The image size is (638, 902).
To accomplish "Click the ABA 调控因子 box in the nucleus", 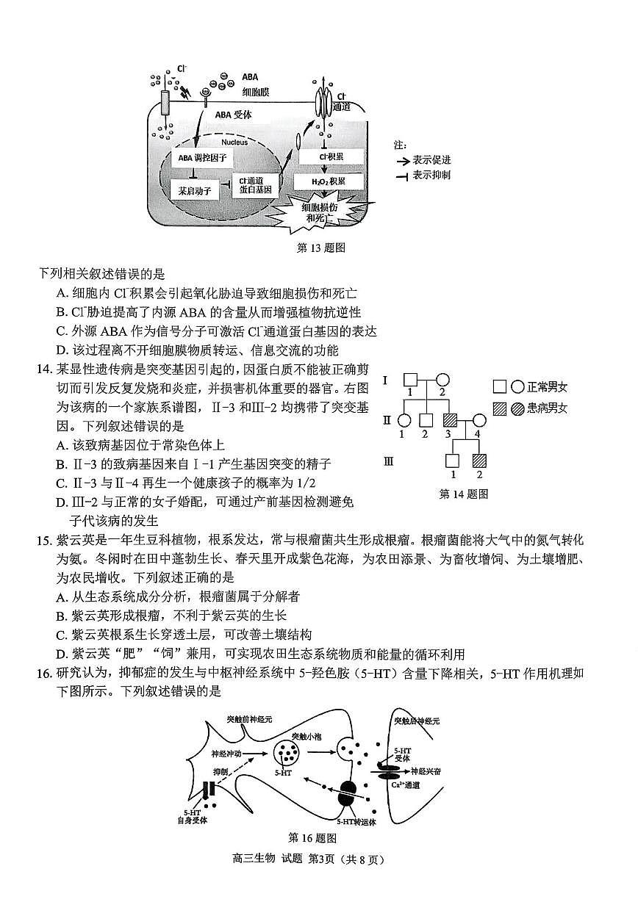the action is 201,157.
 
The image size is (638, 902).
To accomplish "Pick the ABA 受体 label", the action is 234,114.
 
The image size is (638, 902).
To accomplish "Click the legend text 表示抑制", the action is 431,175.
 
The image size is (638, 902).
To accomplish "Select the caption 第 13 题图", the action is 320,248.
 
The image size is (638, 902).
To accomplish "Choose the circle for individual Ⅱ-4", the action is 479,421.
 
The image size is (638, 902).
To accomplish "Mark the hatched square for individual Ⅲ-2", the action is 479,461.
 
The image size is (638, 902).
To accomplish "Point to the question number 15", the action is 46,541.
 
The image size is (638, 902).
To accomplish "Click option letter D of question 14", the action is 62,502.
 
